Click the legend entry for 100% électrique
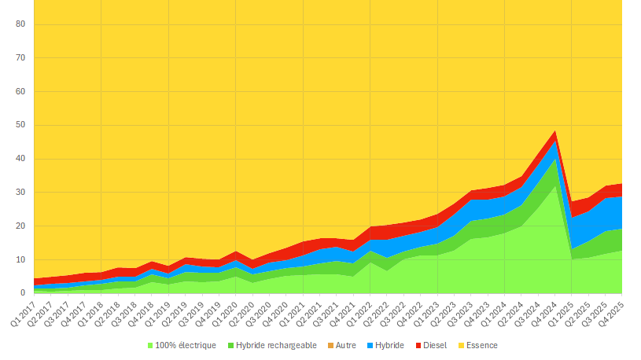[x=185, y=345]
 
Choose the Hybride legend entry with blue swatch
[x=389, y=345]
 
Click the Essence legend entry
[x=481, y=345]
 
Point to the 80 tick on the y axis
[x=21, y=24]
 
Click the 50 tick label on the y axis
[x=21, y=125]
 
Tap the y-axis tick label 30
[x=21, y=193]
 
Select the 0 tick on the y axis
[x=24, y=293]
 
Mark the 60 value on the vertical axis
[x=21, y=92]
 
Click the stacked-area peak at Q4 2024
[x=556, y=131]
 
